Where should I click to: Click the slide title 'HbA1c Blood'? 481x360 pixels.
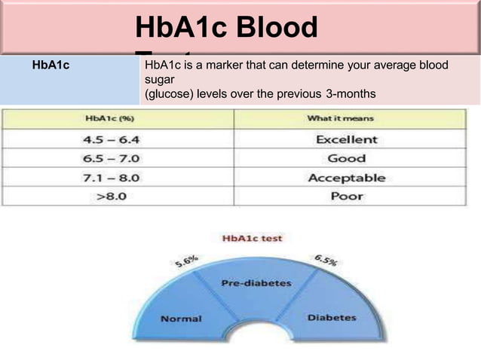[x=225, y=29]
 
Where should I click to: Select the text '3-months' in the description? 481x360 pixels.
[x=351, y=93]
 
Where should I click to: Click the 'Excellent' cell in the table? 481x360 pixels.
[x=346, y=139]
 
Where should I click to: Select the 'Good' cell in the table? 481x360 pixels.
[x=346, y=159]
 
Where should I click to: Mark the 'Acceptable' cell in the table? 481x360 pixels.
[x=346, y=178]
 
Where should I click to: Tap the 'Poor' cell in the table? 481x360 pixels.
[x=346, y=196]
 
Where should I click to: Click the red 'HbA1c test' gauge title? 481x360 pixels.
[x=252, y=238]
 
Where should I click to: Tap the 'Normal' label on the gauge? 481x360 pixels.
[x=181, y=318]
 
